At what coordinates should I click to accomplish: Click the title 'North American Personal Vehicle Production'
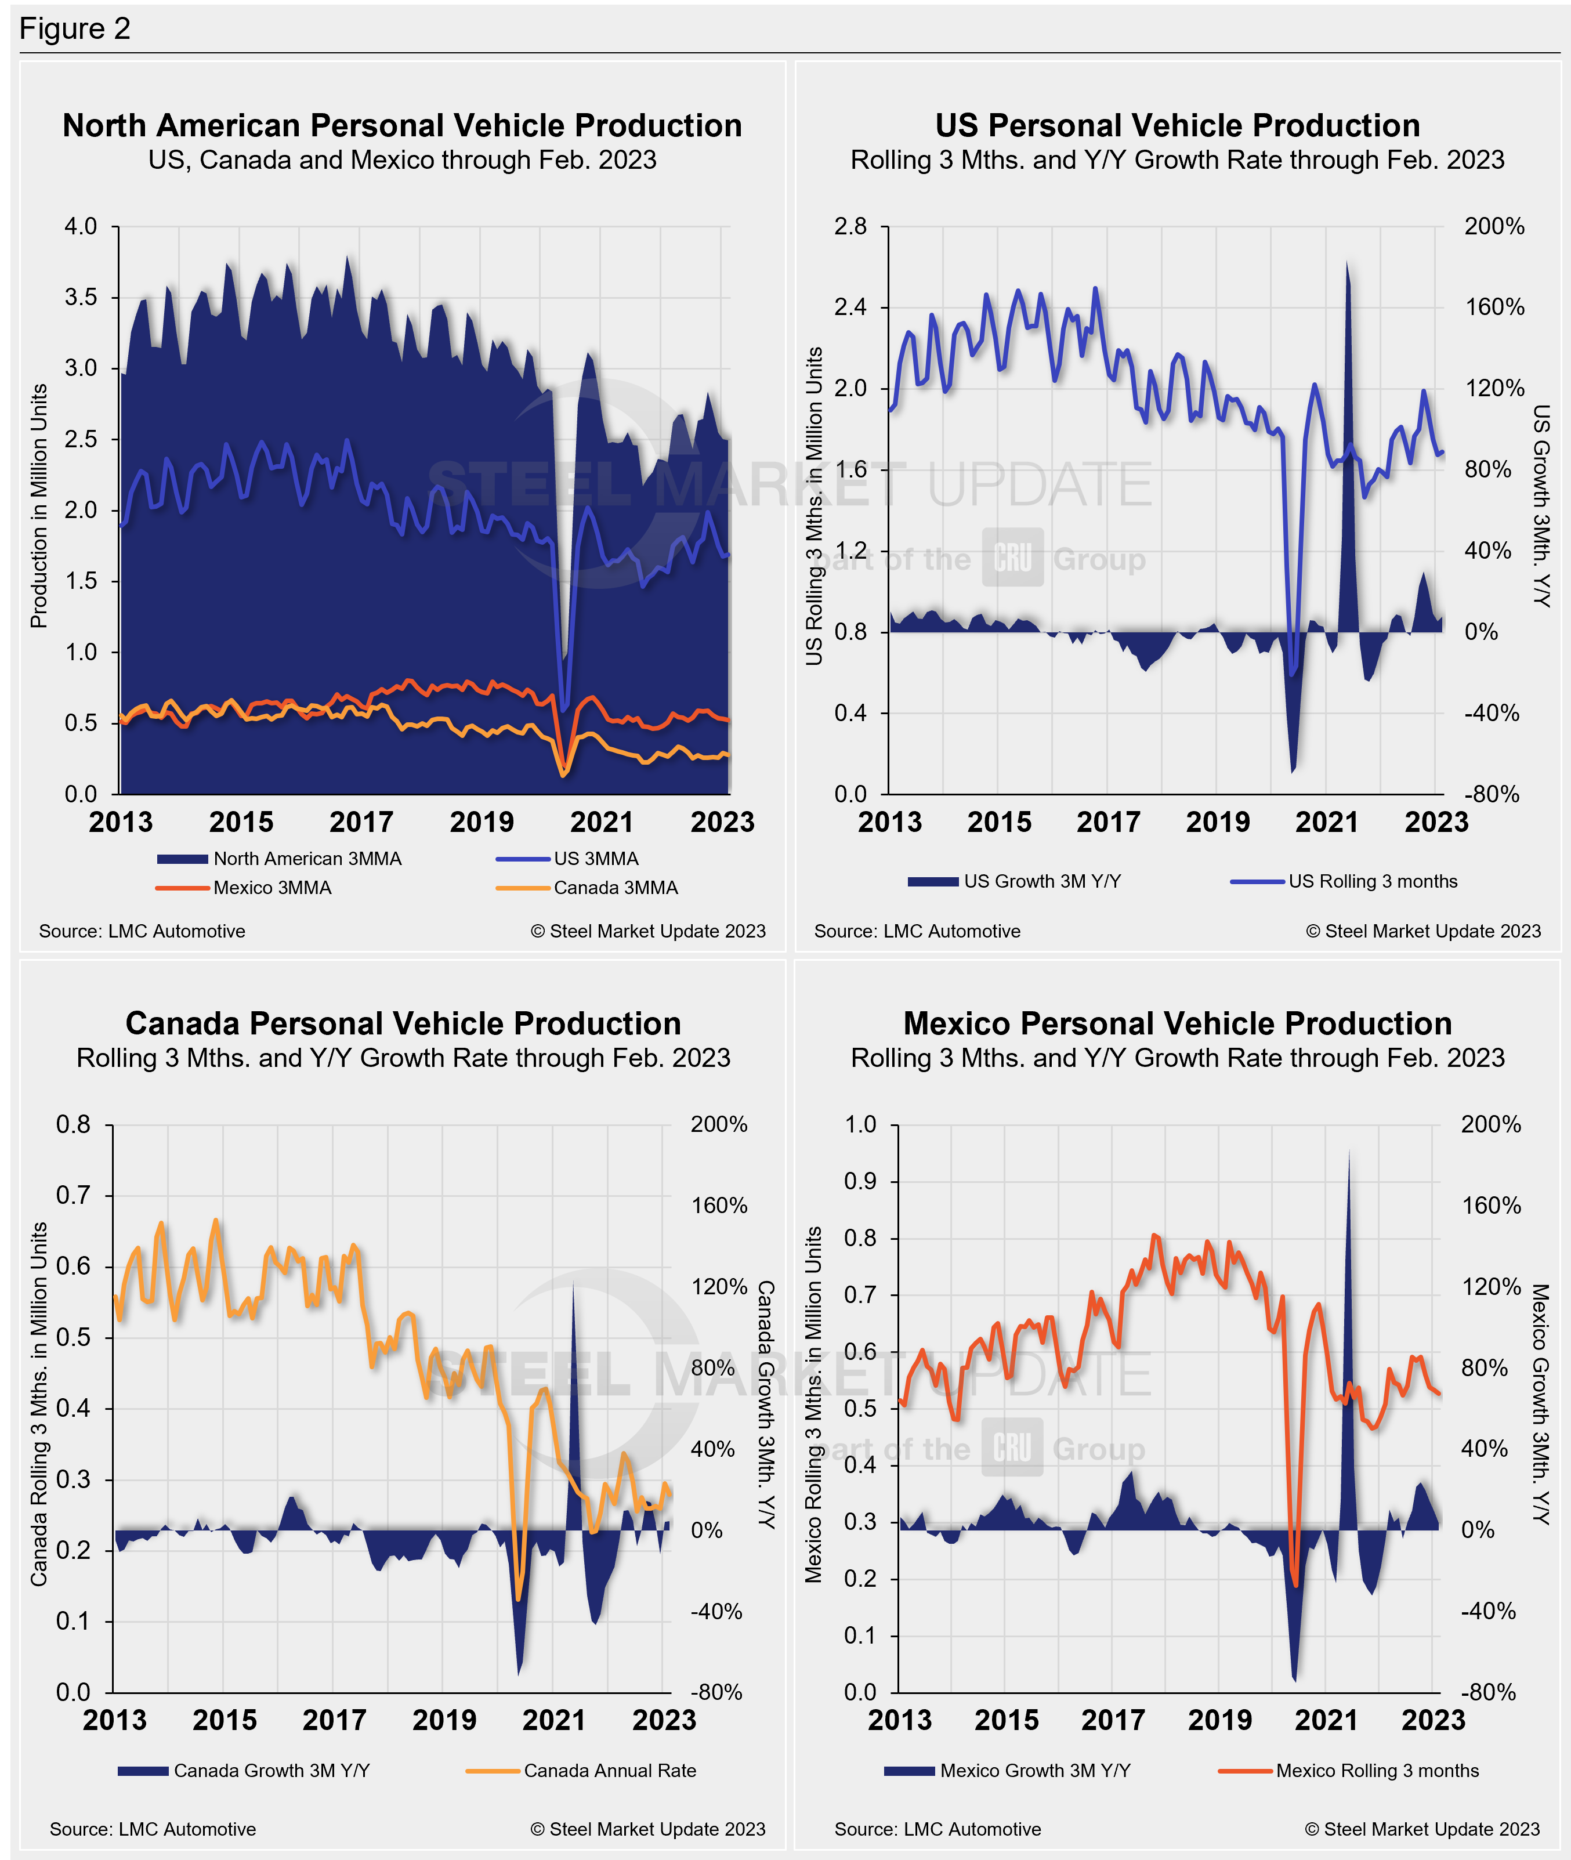coord(401,125)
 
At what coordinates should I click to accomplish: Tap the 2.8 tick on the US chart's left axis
coord(850,226)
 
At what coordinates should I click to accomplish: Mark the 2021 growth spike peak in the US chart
coord(1346,263)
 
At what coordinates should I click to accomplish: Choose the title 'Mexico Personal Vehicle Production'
coord(1177,1023)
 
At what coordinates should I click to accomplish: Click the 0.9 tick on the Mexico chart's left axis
coord(860,1181)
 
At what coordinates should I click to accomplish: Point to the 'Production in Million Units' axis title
coord(39,506)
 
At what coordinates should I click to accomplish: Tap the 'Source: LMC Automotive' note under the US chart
coord(917,931)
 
